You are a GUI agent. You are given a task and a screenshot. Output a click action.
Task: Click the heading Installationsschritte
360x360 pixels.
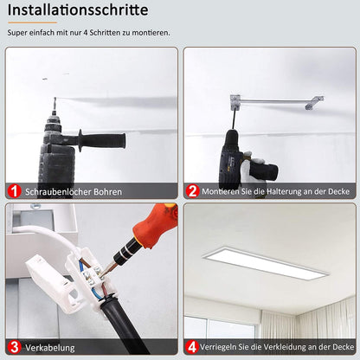(78, 10)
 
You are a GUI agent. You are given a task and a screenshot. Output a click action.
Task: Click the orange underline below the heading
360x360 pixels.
(32, 23)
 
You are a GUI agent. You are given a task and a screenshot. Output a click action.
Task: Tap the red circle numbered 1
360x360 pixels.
(15, 191)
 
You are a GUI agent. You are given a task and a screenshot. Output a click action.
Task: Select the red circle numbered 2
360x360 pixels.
(193, 191)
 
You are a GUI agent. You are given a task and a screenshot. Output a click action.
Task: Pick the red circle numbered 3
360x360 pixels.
(15, 347)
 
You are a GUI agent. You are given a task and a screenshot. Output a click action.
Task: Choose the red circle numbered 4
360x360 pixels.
(193, 347)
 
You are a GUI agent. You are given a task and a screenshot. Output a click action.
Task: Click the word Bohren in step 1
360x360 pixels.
(105, 192)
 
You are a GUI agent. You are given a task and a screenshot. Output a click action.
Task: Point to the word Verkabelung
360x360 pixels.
(49, 347)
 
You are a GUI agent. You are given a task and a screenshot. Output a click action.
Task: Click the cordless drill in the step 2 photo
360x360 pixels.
(235, 156)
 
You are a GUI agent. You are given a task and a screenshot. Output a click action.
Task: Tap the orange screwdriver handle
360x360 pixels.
(157, 228)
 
